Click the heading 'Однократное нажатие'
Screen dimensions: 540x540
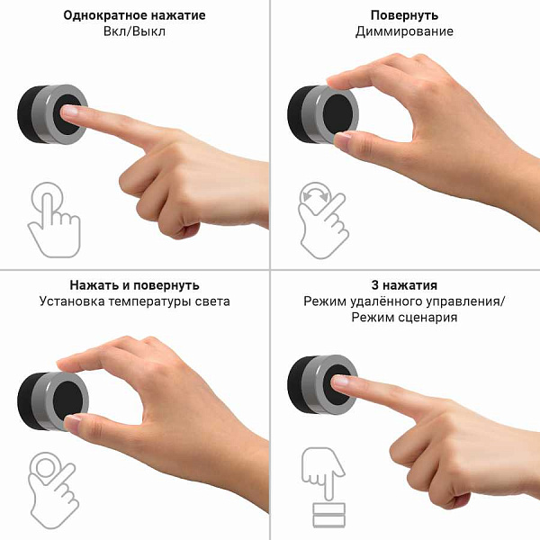coord(134,15)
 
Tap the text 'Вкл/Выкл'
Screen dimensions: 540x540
coord(134,31)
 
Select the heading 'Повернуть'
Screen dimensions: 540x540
coord(404,15)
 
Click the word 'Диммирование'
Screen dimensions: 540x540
coord(404,31)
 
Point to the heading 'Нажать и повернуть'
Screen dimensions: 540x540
coord(134,285)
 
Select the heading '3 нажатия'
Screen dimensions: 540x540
coord(404,285)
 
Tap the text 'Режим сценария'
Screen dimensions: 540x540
coord(404,317)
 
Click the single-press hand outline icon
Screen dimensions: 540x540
coord(54,220)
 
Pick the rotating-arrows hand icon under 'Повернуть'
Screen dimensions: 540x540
coord(322,220)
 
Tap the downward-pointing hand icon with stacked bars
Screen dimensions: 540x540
coord(324,487)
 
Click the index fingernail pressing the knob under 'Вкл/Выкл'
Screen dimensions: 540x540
coord(69,112)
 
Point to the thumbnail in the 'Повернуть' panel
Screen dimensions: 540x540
coord(343,139)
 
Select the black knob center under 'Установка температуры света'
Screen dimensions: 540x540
coord(67,400)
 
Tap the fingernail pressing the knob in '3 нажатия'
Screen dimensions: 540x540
coord(340,381)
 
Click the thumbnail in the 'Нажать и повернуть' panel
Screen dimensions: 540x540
coord(73,421)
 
